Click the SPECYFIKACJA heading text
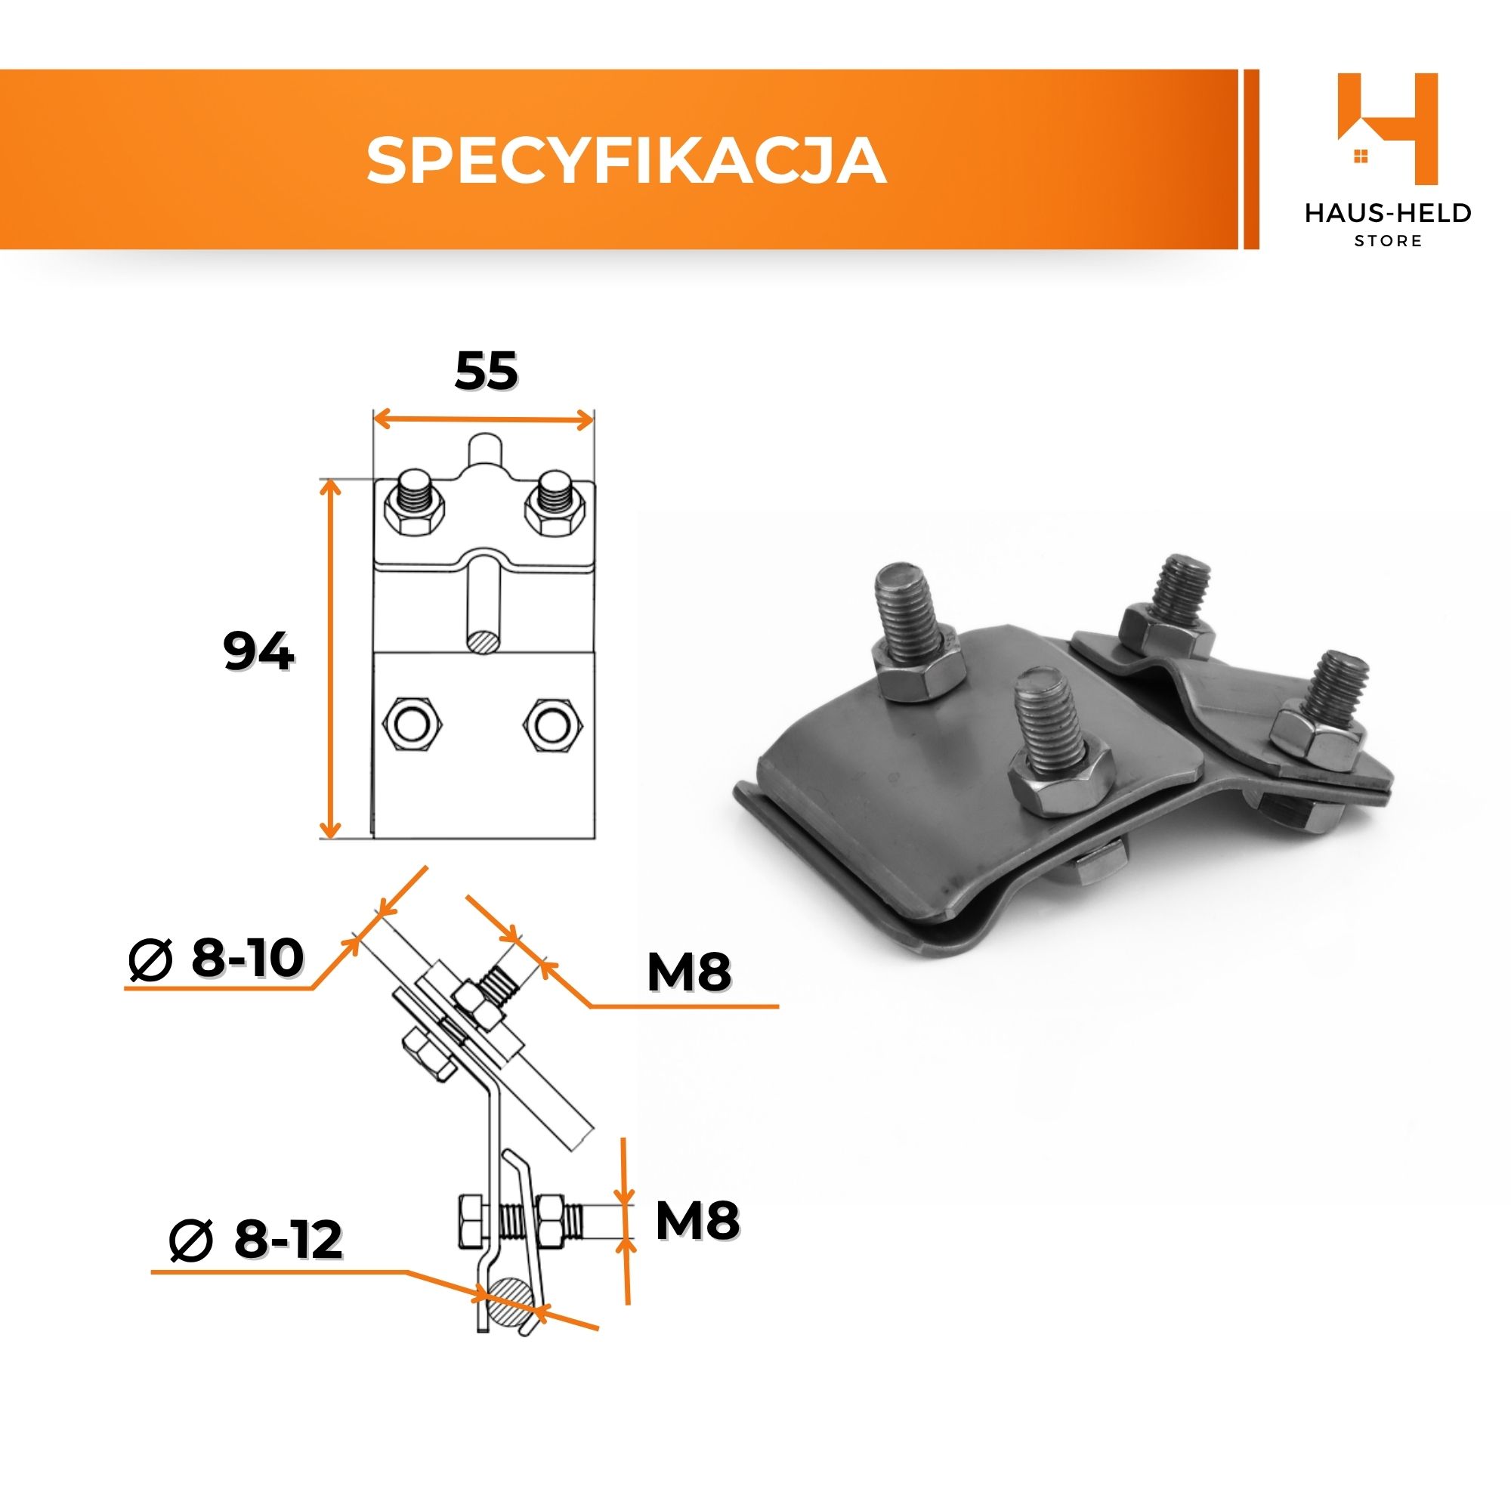pos(626,160)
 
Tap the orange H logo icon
pos(1387,129)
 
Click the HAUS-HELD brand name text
pos(1388,214)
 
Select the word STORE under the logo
pos(1388,241)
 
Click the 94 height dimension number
pos(258,650)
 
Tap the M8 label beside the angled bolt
pos(689,972)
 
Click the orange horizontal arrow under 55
pos(484,420)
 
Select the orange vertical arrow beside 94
pos(332,659)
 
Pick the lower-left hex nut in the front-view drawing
pos(412,724)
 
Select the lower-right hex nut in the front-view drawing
pos(553,724)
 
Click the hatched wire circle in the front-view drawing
pos(483,639)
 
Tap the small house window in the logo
pos(1361,157)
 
